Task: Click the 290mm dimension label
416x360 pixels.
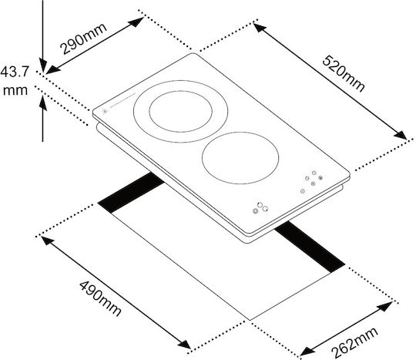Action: pos(83,39)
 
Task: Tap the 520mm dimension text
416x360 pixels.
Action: pos(344,73)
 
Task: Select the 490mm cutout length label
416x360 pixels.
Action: pos(100,298)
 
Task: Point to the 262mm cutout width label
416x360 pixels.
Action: pos(354,342)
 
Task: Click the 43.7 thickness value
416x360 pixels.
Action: pos(15,72)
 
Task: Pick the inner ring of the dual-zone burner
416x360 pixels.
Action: pos(181,112)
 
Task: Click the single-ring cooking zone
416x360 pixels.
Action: pos(240,158)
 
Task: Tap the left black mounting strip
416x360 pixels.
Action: pos(131,192)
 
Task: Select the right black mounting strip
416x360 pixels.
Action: pos(310,247)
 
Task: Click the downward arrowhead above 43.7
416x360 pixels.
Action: pos(42,66)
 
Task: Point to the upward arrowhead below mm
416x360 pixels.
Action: pos(42,103)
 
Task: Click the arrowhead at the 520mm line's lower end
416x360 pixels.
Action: pos(401,135)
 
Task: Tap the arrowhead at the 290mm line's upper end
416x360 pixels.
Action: pos(137,21)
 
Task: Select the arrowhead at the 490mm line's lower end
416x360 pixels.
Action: pos(185,345)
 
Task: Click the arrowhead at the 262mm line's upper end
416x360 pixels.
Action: pos(386,306)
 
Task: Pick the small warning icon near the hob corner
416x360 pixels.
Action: pos(105,111)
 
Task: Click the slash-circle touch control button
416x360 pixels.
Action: pos(303,191)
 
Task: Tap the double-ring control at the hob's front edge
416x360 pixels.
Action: pos(256,211)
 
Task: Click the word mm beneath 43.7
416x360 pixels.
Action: pos(15,90)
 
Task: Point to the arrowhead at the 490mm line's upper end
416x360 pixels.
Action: pos(48,241)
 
